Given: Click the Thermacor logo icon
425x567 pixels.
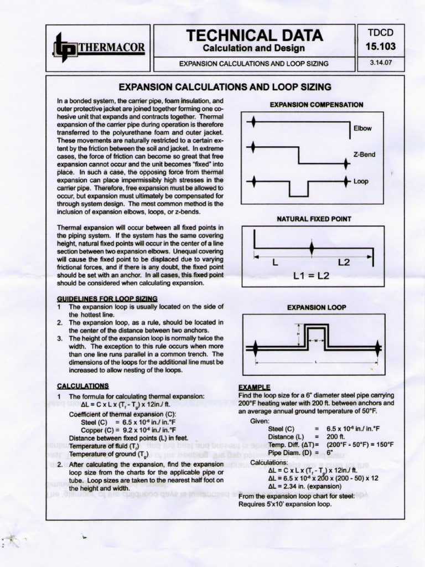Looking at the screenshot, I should pyautogui.click(x=64, y=47).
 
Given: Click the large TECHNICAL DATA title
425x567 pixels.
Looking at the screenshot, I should pyautogui.click(x=255, y=35).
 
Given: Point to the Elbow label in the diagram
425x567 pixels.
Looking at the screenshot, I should pyautogui.click(x=362, y=128).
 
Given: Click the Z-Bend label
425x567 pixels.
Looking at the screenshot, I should pyautogui.click(x=364, y=154).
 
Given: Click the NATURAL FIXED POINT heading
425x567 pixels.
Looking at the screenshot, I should pyautogui.click(x=314, y=219).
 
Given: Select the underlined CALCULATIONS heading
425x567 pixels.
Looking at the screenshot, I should pyautogui.click(x=83, y=385).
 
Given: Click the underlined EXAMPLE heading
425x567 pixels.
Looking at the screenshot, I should pyautogui.click(x=254, y=387).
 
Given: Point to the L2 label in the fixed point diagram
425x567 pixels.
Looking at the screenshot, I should pyautogui.click(x=344, y=262).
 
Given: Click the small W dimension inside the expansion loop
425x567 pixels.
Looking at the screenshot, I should pyautogui.click(x=316, y=341).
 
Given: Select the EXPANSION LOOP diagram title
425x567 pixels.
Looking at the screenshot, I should pyautogui.click(x=316, y=307).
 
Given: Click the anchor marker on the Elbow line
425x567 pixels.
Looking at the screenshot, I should pyautogui.click(x=253, y=122).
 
